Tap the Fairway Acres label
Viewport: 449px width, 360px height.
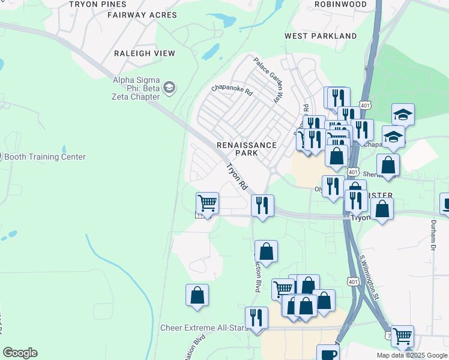click(x=142, y=15)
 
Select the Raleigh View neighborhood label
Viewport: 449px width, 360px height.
click(x=145, y=53)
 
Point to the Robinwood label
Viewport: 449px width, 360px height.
click(x=340, y=4)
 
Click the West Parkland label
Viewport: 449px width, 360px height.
click(x=321, y=36)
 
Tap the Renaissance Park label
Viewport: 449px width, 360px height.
click(x=247, y=149)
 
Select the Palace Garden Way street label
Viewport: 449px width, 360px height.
click(x=268, y=80)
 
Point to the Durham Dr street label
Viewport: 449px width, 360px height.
click(x=432, y=234)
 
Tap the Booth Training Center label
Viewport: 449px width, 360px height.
click(x=45, y=157)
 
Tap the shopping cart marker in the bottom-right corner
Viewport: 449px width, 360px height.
click(x=402, y=336)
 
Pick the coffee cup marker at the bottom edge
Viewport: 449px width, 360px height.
click(x=327, y=353)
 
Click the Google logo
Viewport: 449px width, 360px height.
click(x=20, y=353)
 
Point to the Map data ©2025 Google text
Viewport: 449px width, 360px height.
click(x=412, y=355)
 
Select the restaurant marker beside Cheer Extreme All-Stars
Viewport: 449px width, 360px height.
click(x=256, y=317)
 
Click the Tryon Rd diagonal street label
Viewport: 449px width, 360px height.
click(x=237, y=178)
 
